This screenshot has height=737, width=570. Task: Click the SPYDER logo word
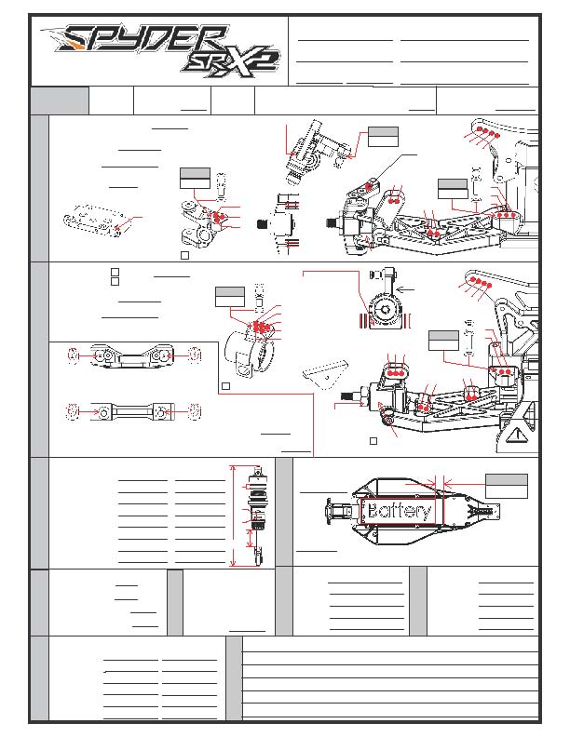pyautogui.click(x=130, y=42)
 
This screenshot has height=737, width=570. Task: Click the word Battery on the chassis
pyautogui.click(x=399, y=512)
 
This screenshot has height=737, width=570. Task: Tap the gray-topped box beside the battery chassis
pyautogui.click(x=506, y=485)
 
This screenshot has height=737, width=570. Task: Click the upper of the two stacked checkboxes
pyautogui.click(x=114, y=272)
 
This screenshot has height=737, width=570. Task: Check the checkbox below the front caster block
pyautogui.click(x=184, y=253)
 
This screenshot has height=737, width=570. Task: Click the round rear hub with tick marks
pyautogui.click(x=380, y=313)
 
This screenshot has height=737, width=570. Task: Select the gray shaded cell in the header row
pyautogui.click(x=60, y=100)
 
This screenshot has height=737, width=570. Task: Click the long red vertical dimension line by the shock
pyautogui.click(x=233, y=516)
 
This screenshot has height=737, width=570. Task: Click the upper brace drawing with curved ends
pyautogui.click(x=131, y=355)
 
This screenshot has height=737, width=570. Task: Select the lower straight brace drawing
pyautogui.click(x=131, y=410)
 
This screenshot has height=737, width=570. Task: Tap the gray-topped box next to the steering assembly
pyautogui.click(x=382, y=136)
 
